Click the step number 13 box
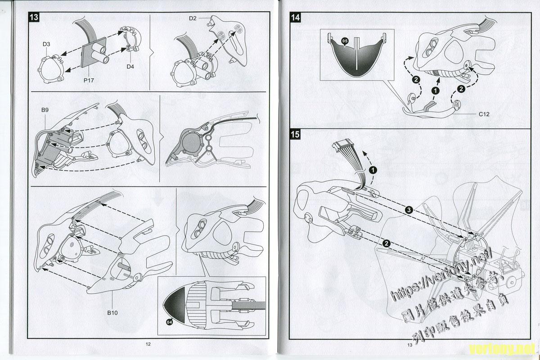(34, 18)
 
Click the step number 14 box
(296, 18)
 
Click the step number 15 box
(296, 134)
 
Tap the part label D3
(46, 44)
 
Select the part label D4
(130, 67)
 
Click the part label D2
(193, 18)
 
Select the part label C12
(484, 114)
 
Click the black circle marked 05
(345, 40)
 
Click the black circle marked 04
(169, 322)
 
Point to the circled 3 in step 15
(408, 210)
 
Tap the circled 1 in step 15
(373, 170)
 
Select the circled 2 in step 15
(386, 243)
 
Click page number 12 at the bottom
(148, 344)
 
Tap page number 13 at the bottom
(409, 345)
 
